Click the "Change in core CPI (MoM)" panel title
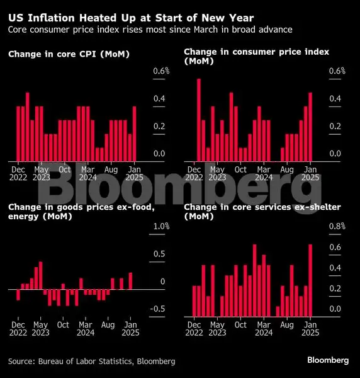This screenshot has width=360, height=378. click(69, 54)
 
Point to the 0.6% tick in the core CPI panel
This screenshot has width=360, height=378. click(161, 71)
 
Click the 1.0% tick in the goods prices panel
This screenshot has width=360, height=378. click(161, 226)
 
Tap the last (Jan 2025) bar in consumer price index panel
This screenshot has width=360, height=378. click(310, 127)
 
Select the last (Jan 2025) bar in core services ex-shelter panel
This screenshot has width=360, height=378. click(310, 280)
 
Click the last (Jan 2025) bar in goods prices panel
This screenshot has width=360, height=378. click(130, 281)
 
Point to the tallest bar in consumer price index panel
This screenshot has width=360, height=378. click(199, 120)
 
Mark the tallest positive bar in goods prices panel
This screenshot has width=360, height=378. click(41, 275)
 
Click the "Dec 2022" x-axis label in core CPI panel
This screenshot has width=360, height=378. click(18, 173)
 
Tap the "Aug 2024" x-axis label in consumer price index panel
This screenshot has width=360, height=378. click(287, 173)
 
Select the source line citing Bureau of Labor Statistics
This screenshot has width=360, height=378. click(92, 361)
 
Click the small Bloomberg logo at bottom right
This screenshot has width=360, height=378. click(328, 360)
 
